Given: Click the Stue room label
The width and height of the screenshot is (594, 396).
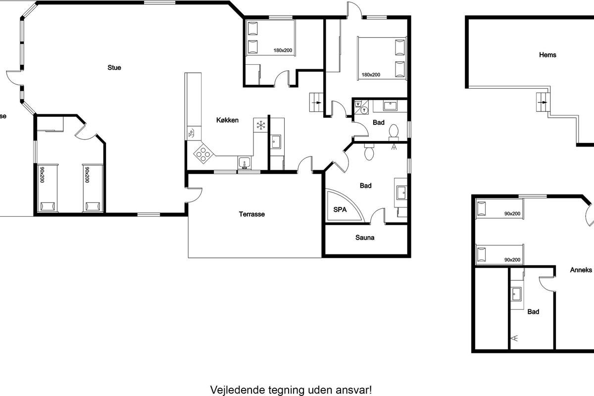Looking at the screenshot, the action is click(114, 68).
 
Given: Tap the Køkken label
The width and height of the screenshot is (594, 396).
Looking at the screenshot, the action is click(227, 120).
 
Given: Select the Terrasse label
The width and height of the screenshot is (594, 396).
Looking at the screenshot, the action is click(251, 214).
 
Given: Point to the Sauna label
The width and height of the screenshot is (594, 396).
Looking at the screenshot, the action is click(365, 238).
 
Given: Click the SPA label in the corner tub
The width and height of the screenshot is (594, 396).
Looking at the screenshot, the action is click(340, 209).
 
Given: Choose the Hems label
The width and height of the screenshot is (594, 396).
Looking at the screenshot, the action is click(547, 55).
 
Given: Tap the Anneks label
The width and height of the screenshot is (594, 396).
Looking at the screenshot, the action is click(581, 270).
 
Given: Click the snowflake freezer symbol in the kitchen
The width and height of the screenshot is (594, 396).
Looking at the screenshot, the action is click(261, 125).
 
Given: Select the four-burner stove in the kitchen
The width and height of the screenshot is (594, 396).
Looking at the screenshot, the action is click(203, 154).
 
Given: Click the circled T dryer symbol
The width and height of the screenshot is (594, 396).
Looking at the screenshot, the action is click(364, 110).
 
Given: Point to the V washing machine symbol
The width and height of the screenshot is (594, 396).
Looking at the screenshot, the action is click(358, 104).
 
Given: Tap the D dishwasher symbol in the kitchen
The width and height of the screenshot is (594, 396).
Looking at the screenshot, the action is click(191, 133).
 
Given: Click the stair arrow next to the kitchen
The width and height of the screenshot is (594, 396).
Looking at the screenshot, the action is click(317, 102).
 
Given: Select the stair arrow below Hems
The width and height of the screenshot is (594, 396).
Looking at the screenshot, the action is click(543, 102).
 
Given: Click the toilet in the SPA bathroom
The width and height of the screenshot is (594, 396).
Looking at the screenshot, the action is click(369, 152).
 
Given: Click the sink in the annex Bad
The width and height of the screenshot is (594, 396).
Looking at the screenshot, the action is click(516, 295).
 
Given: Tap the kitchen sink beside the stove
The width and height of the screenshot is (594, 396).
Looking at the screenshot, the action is click(244, 163).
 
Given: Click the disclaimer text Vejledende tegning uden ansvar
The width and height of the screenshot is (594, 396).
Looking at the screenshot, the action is click(291, 390).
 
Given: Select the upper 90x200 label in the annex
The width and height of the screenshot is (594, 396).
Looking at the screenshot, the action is click(512, 214).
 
